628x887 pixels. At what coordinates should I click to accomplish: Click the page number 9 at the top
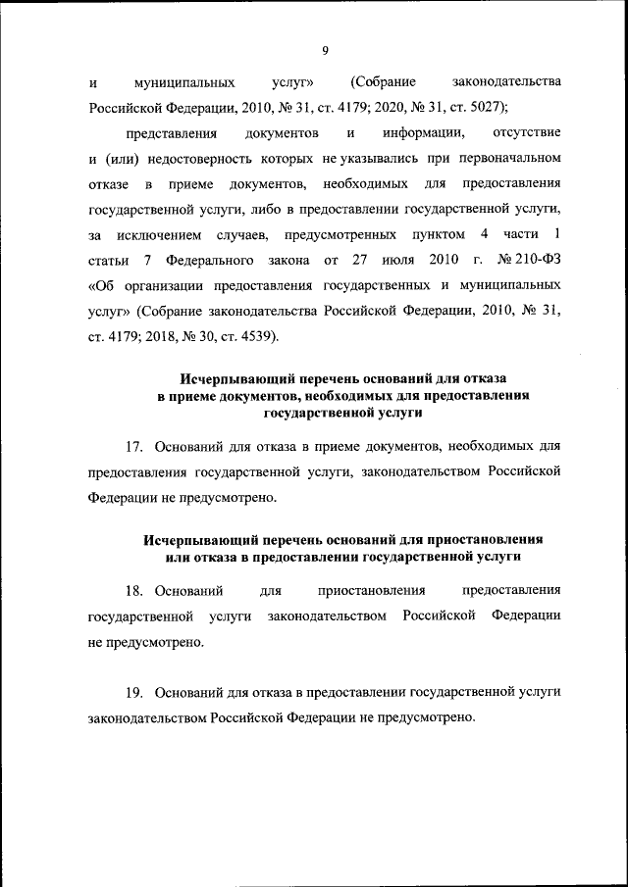(324, 51)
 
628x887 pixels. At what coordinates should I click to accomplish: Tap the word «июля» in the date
(392, 261)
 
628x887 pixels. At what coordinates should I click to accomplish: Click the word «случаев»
(242, 235)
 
